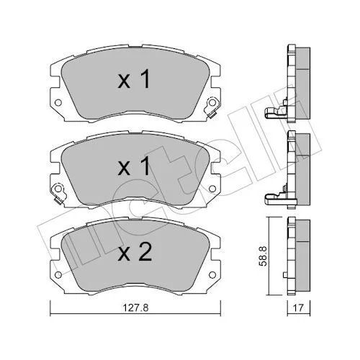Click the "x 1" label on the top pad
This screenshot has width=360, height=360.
point(134,78)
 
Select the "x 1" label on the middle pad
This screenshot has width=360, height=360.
point(134,166)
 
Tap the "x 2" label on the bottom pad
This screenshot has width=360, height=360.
point(135,252)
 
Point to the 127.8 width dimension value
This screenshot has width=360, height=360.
point(135,307)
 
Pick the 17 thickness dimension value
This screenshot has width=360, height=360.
point(298,307)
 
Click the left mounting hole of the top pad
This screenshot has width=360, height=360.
point(58,103)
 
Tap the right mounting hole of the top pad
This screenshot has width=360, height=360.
point(212,103)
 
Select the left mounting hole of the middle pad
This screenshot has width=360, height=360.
point(58,189)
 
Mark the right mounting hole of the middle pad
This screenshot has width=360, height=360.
point(212,189)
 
